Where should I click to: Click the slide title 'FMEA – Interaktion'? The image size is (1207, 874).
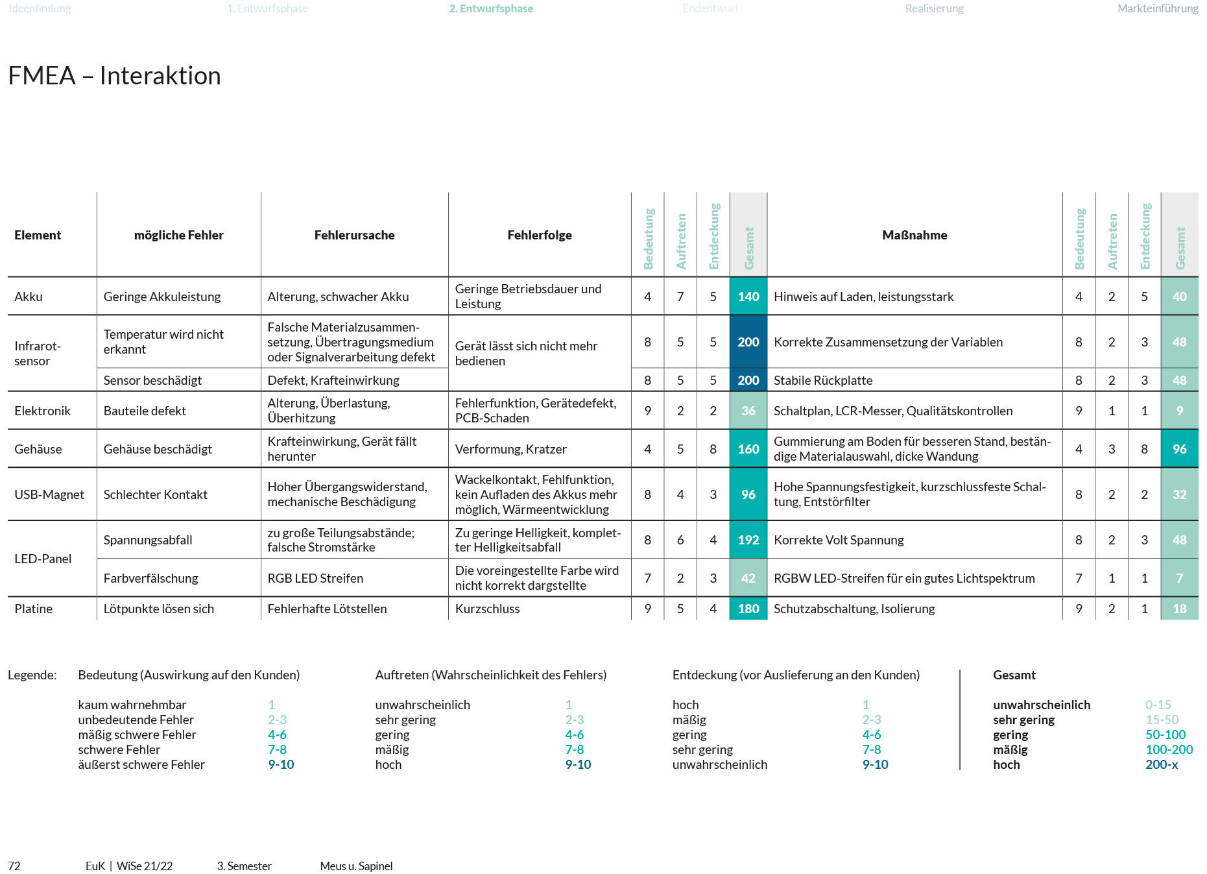pos(114,76)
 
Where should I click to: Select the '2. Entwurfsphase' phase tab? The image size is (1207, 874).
pos(491,8)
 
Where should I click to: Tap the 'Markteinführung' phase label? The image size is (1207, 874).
pos(1158,8)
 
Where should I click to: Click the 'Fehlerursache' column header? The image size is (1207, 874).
pos(354,235)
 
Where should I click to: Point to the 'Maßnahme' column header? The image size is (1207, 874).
pos(914,235)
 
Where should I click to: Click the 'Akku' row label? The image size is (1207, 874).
pos(29,297)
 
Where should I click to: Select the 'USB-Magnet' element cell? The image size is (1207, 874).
pos(49,494)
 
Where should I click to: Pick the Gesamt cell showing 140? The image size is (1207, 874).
pos(748,297)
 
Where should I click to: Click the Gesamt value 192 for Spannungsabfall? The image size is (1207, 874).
pos(748,540)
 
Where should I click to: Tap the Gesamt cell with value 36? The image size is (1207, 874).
pos(748,411)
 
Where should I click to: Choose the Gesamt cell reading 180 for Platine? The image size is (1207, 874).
pos(748,609)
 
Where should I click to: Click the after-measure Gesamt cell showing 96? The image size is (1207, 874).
pos(1180,449)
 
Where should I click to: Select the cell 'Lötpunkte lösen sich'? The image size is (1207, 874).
pos(159,609)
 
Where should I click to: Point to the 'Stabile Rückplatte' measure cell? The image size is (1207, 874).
pos(823,380)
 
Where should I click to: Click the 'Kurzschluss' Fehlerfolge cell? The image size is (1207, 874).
pos(488,609)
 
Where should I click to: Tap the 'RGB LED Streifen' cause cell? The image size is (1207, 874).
pos(315,578)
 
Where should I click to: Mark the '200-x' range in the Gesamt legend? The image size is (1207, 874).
pos(1162,764)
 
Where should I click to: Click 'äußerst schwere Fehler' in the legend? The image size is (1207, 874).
pos(141,764)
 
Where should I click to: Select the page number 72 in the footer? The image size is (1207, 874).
pos(14,866)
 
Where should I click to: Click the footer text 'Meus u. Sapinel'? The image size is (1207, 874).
pos(356,866)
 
